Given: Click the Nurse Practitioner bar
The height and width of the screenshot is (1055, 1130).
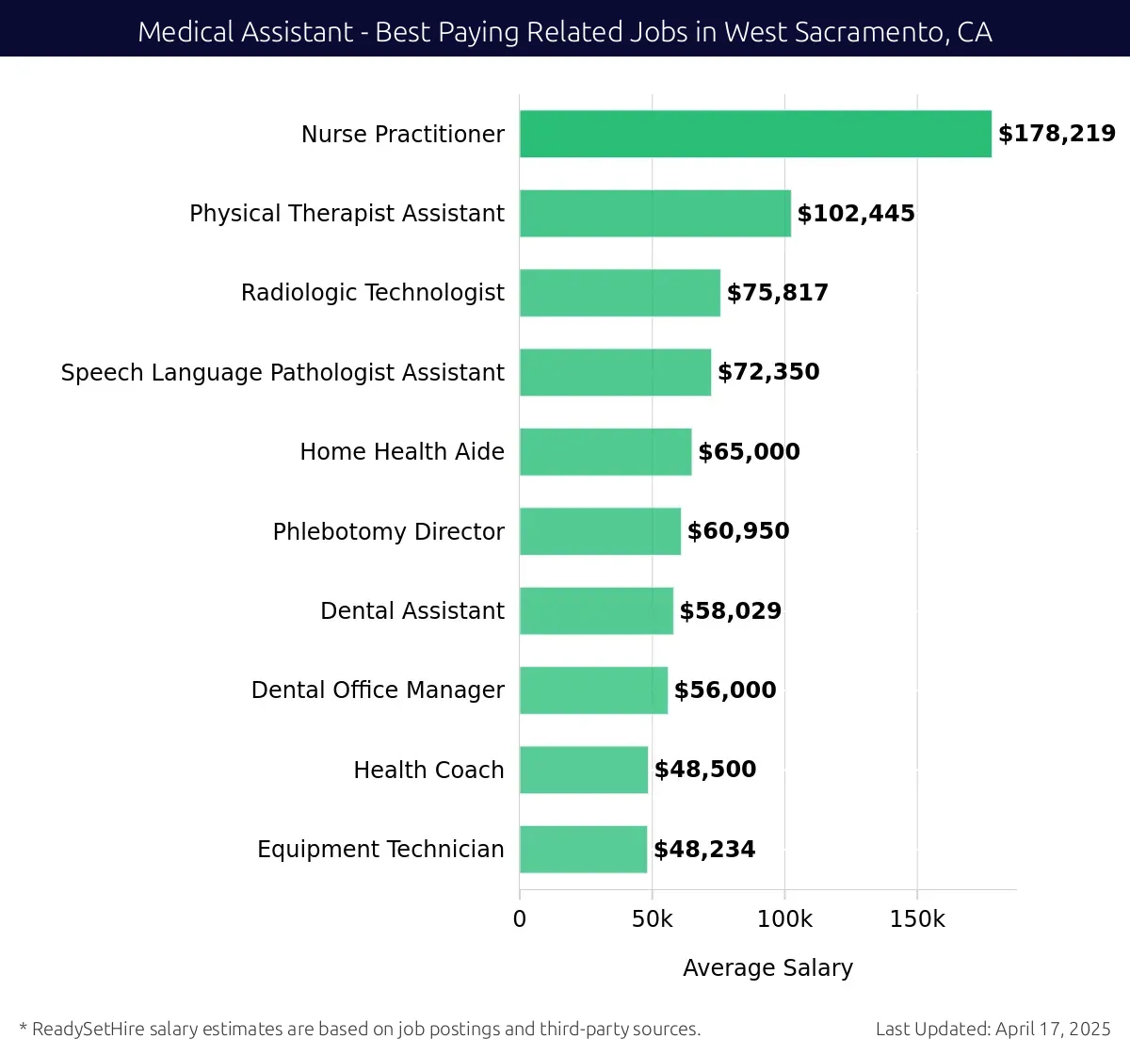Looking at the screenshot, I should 755,134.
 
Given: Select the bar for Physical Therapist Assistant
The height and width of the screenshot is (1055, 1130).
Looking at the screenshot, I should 655,213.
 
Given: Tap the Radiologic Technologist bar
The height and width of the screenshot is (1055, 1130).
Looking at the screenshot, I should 620,293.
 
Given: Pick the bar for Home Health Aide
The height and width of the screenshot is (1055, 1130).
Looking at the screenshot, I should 605,452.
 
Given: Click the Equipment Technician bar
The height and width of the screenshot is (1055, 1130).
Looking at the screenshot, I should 583,850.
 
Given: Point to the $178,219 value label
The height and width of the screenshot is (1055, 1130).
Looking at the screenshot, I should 1057,134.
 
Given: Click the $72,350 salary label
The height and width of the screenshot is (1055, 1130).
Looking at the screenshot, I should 768,372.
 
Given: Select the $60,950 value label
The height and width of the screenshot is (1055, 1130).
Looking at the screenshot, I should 738,531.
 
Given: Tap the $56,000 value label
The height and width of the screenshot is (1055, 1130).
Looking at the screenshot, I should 725,690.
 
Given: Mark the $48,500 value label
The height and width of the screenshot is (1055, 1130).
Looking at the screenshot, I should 705,770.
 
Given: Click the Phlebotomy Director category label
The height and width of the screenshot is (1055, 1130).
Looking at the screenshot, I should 388,532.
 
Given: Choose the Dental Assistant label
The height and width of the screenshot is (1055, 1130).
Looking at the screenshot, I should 412,611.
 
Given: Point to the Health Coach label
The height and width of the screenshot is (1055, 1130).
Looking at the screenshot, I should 428,771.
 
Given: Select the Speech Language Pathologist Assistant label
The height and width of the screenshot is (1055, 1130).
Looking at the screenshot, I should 282,373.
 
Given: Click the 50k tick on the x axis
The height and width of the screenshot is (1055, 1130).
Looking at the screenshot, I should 652,919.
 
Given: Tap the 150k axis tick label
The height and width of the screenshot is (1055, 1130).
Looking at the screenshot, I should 917,919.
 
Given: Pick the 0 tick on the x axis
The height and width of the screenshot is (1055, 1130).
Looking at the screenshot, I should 520,919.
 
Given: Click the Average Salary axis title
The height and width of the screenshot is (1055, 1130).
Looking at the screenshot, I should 767,968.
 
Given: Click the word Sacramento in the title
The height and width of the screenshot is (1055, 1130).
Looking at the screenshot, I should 867,32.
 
